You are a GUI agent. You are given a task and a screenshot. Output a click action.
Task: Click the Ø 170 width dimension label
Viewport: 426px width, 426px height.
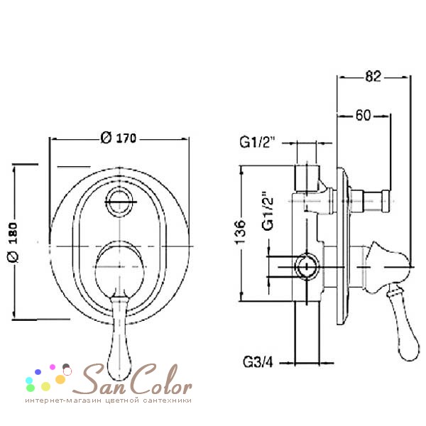(x=118, y=138)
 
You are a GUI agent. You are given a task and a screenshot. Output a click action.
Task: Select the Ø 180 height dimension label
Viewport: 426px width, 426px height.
(x=13, y=243)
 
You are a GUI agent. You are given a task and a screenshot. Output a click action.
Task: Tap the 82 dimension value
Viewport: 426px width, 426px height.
(x=373, y=77)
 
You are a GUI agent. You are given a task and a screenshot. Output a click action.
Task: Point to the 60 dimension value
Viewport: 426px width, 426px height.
(x=364, y=115)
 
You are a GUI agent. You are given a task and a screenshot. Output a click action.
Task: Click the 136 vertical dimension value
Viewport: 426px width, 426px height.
(x=241, y=232)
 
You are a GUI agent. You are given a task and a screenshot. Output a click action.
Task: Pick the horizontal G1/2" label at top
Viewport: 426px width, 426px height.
(x=257, y=142)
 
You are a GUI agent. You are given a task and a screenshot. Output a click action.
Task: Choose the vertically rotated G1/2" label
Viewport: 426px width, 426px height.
(x=268, y=211)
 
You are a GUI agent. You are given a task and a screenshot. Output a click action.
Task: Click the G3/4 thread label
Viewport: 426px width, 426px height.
(x=258, y=362)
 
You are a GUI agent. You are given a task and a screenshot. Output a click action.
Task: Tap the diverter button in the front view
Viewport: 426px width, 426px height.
(x=119, y=202)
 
